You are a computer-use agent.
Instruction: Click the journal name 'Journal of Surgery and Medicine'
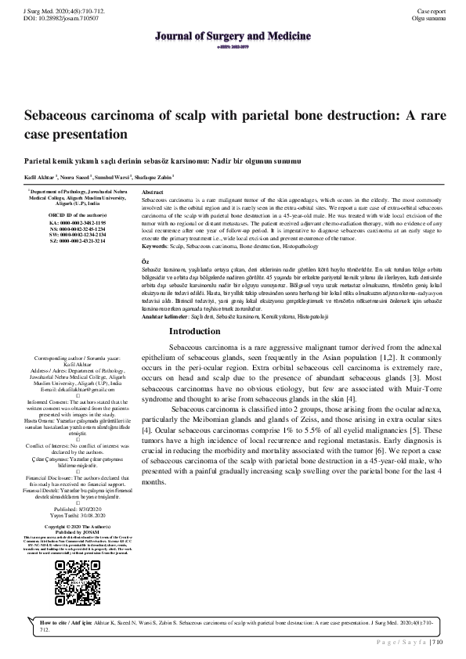[233, 35]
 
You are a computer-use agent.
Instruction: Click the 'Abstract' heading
[151, 192]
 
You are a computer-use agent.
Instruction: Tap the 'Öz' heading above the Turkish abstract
[143, 258]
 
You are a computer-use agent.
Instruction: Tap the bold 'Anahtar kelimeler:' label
[163, 315]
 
